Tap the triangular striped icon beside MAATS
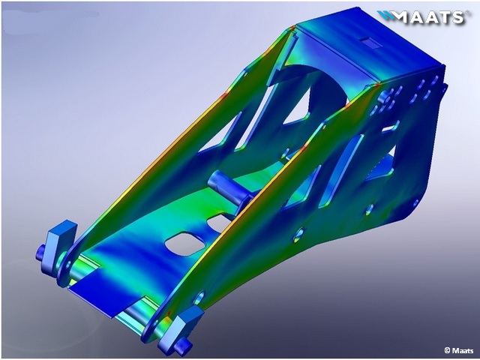pyautogui.click(x=385, y=16)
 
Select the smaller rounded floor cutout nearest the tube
pyautogui.click(x=219, y=223)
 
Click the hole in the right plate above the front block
pyautogui.click(x=199, y=298)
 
